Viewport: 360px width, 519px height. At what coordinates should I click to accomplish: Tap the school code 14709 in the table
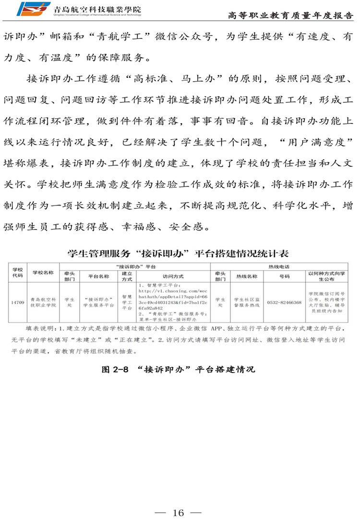[x=18, y=302]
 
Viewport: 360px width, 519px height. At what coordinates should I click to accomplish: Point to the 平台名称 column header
[x=99, y=277]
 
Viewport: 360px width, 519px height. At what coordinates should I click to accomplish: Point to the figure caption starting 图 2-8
[x=178, y=370]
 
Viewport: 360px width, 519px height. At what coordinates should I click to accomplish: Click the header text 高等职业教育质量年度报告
[x=290, y=15]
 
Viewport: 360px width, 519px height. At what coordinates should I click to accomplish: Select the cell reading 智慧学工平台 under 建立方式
[x=127, y=302]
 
